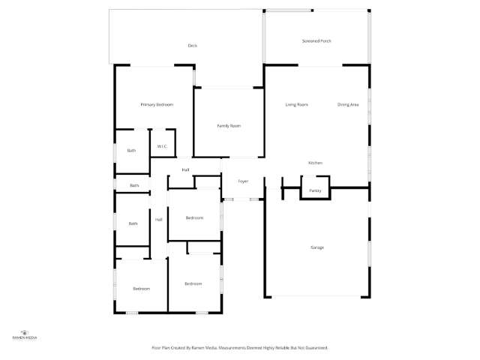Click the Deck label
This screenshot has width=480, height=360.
pos(192,46)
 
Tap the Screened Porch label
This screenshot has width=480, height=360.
pos(316,40)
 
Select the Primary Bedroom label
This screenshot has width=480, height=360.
pos(157,104)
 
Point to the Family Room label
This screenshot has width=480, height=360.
pos(229,126)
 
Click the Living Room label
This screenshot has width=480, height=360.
pos(297,104)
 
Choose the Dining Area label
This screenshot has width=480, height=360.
pos(347,104)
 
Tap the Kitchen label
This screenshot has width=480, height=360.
pos(316,163)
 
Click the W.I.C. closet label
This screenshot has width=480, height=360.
pos(161,146)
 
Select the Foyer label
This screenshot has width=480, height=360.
pos(243,181)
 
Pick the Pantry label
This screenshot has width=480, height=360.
pos(315,191)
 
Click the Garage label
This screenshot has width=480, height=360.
pos(317,247)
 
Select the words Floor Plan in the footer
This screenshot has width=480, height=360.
pos(161,348)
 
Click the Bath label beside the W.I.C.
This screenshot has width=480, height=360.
pos(131,151)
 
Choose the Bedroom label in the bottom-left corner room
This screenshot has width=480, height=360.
pos(141,289)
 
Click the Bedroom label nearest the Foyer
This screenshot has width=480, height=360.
pos(194,217)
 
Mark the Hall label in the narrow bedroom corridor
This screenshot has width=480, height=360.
pos(159,220)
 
